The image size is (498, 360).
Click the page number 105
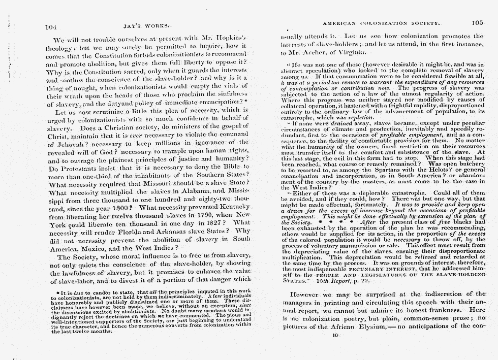tap(477, 22)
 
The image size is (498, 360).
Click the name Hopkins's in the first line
tap(229, 39)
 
